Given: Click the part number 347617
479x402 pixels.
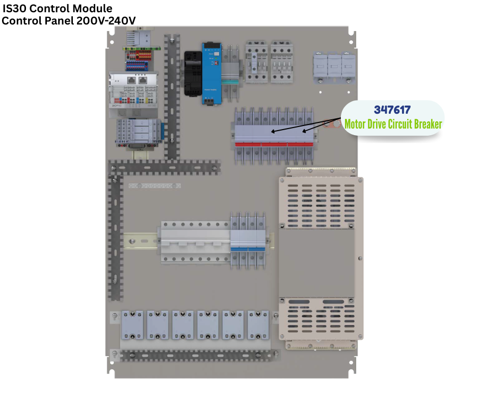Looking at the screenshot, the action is tap(392, 110).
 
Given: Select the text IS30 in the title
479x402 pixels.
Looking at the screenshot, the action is tap(14, 8).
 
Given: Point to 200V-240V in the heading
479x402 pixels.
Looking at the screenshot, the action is tap(106, 21).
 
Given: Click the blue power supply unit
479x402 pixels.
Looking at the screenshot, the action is tap(211, 73).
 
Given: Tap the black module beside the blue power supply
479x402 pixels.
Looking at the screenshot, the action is tap(193, 73).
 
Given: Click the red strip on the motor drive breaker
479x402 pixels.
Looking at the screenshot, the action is tap(274, 144).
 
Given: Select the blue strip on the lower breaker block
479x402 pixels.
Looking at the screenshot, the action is tap(248, 249).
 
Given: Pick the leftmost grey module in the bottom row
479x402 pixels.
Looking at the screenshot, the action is tap(132, 325).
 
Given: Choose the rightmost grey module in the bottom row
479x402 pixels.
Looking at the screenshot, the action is tap(258, 325).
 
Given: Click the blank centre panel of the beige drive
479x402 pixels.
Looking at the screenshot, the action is tap(316, 263).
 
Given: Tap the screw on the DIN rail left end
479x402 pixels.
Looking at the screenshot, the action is tap(132, 241).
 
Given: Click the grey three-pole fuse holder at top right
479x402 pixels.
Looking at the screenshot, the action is tap(334, 68).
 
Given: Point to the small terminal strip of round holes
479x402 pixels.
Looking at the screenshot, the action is tap(154, 186).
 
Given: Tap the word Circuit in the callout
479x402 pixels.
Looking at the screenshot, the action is tap(400, 124).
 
